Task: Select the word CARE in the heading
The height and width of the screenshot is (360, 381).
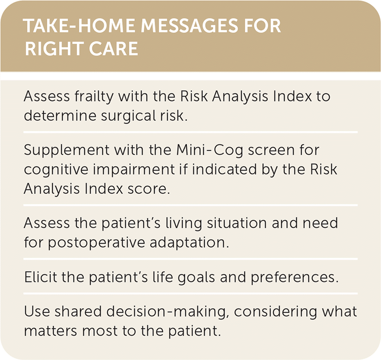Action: point(114,48)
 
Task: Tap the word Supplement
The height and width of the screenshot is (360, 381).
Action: point(67,150)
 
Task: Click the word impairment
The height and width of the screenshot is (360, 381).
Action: point(133,169)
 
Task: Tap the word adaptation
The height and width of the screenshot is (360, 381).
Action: point(189,242)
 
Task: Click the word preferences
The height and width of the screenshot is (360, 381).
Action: point(294,277)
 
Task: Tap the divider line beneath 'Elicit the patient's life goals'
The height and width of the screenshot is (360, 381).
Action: point(190,294)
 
